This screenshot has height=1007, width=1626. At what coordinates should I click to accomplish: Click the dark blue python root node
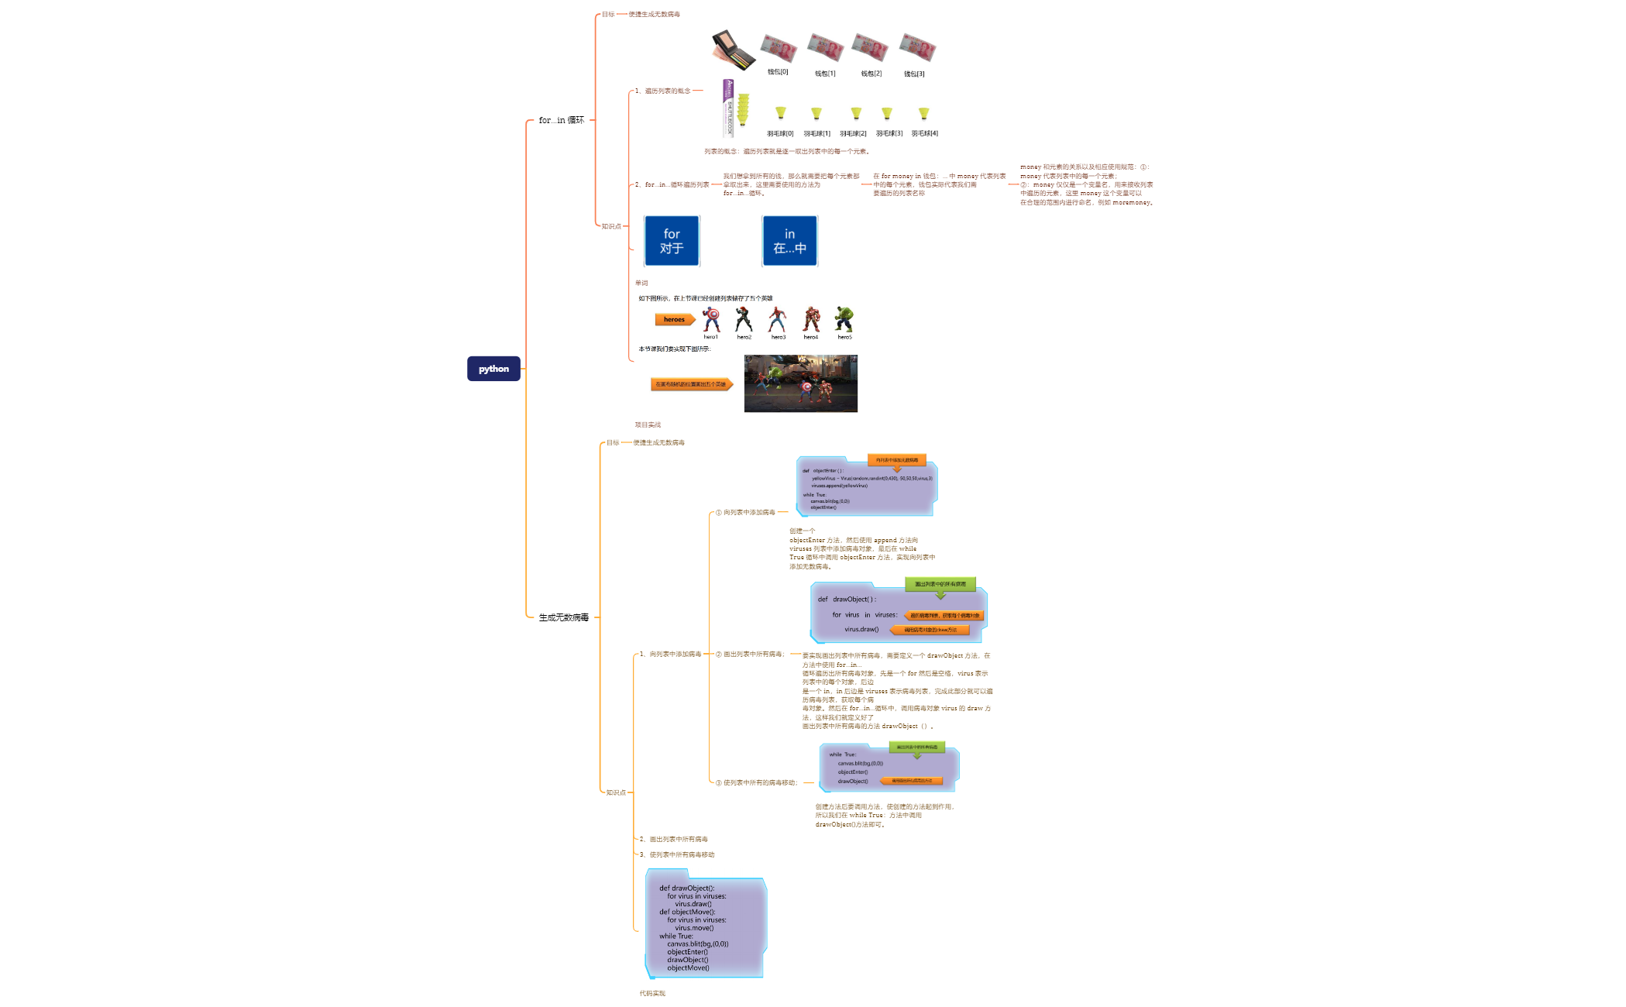click(x=493, y=369)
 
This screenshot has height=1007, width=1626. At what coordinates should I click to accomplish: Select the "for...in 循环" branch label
click(x=562, y=120)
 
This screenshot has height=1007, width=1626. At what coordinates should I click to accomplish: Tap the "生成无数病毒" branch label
click(x=564, y=617)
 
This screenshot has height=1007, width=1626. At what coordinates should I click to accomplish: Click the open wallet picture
click(x=732, y=50)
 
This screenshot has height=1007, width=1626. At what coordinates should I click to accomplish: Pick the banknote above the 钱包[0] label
click(x=779, y=48)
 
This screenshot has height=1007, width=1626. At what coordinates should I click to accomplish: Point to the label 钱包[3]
click(x=914, y=74)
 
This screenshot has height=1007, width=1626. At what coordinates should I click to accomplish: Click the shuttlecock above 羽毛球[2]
click(x=855, y=114)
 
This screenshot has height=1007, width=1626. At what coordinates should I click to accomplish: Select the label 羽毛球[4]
click(x=924, y=133)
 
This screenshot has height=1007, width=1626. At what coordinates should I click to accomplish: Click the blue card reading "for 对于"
click(x=672, y=241)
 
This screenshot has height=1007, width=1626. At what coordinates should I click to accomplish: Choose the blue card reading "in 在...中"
click(x=789, y=241)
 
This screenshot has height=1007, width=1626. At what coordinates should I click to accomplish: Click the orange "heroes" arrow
click(x=675, y=319)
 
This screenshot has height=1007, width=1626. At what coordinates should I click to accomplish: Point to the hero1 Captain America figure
click(x=710, y=318)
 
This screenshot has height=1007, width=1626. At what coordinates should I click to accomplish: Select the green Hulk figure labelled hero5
click(x=844, y=318)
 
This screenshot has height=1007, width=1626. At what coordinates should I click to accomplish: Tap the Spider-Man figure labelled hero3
click(x=777, y=318)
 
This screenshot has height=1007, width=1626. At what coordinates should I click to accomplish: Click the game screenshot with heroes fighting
click(x=800, y=383)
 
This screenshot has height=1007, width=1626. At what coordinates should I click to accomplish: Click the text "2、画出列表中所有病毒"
click(x=673, y=839)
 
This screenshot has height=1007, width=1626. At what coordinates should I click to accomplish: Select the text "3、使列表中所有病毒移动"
click(x=676, y=854)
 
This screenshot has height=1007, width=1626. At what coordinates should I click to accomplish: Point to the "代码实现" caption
click(x=652, y=993)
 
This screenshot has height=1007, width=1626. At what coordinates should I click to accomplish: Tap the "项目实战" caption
click(x=648, y=424)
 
